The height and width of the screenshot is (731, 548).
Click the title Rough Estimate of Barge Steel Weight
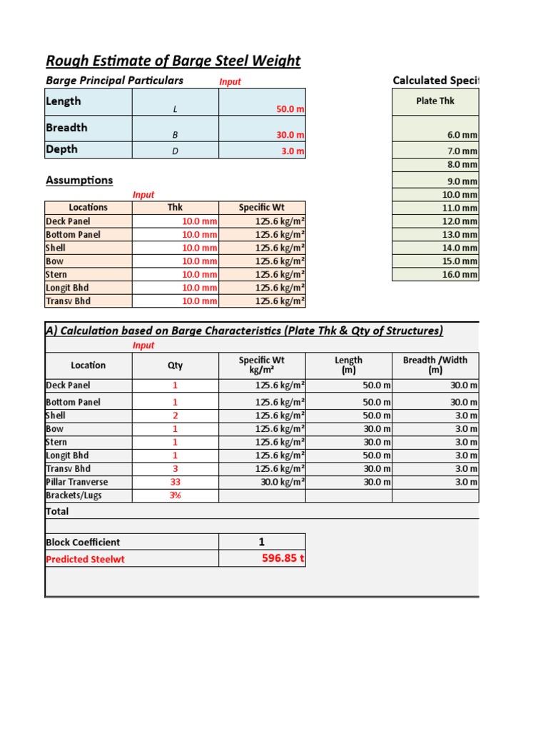pyautogui.click(x=173, y=61)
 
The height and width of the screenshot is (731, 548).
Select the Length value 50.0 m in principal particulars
pyautogui.click(x=290, y=109)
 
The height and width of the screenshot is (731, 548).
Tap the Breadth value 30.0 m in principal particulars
pyautogui.click(x=290, y=135)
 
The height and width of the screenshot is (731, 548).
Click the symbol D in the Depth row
pyautogui.click(x=175, y=151)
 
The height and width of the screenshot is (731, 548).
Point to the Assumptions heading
pyautogui.click(x=79, y=180)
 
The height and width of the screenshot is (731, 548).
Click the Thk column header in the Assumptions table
pyautogui.click(x=175, y=208)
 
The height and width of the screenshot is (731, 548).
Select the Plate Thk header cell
pyautogui.click(x=435, y=101)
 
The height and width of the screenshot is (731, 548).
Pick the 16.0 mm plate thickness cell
pyautogui.click(x=460, y=275)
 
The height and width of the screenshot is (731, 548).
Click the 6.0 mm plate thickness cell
pyautogui.click(x=462, y=135)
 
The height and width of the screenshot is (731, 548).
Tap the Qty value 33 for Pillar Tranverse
pyautogui.click(x=175, y=482)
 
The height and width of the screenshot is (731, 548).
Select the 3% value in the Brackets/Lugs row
pyautogui.click(x=175, y=495)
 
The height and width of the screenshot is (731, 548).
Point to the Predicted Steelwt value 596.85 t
pyautogui.click(x=283, y=558)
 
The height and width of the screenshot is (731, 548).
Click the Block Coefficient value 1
pyautogui.click(x=262, y=542)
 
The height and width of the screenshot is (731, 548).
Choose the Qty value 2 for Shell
pyautogui.click(x=175, y=415)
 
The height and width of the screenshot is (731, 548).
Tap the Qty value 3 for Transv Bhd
pyautogui.click(x=175, y=469)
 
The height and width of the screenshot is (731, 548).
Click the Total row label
pyautogui.click(x=58, y=511)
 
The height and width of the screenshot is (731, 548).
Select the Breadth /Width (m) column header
pyautogui.click(x=435, y=365)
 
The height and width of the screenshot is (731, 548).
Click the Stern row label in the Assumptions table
pyautogui.click(x=56, y=275)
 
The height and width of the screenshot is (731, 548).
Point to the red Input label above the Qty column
pyautogui.click(x=143, y=346)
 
